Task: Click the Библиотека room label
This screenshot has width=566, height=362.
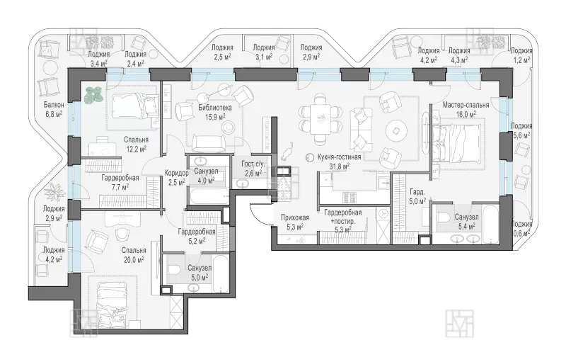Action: point(215,108)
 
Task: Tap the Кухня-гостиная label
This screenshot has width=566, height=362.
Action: point(340,157)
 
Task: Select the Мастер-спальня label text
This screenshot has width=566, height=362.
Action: point(466,105)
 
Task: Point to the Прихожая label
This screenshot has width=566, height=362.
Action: point(295,217)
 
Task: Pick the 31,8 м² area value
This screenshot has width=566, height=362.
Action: point(340,166)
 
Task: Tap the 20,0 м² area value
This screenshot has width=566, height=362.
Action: point(134,259)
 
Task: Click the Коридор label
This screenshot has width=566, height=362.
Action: point(176,173)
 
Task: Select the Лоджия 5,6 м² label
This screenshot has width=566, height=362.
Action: point(521,130)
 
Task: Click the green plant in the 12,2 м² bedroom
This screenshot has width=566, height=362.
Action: point(93,95)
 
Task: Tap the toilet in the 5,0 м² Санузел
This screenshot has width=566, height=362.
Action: point(174,269)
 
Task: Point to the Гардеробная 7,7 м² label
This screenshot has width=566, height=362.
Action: point(120,182)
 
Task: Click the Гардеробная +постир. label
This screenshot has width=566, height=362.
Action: point(343,221)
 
